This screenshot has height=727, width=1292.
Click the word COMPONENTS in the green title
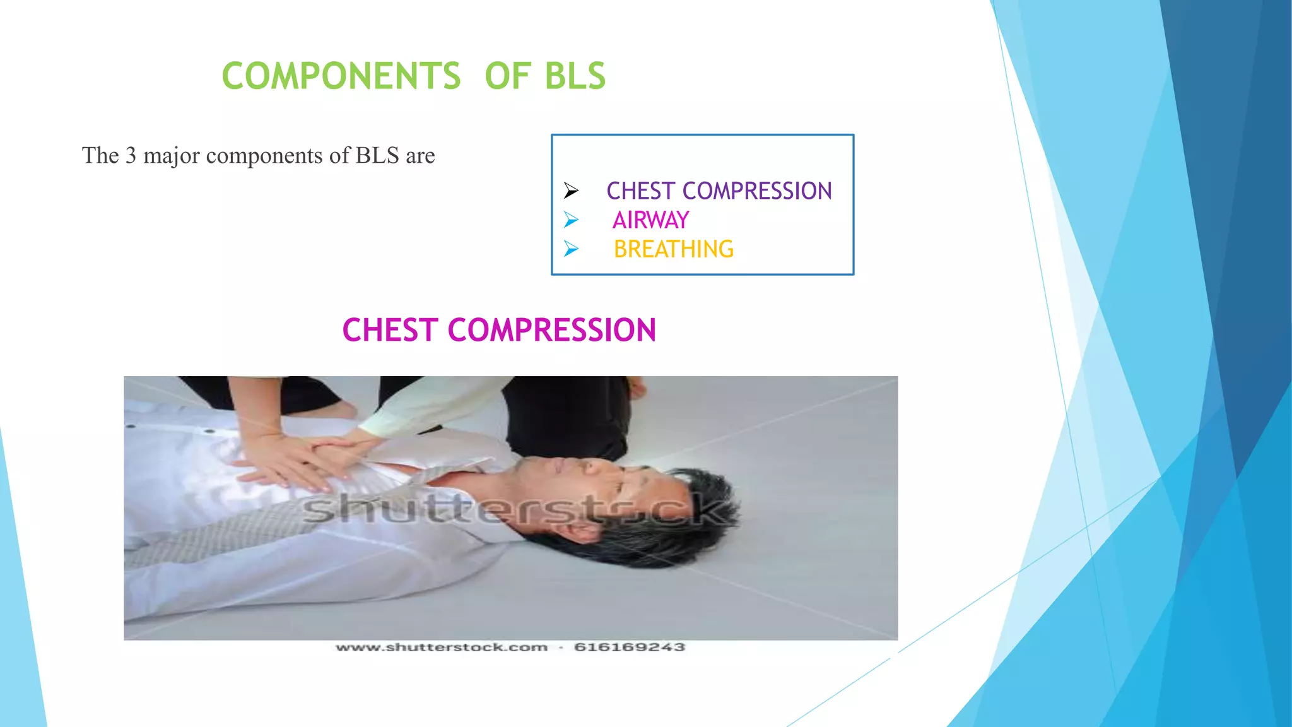pyautogui.click(x=341, y=76)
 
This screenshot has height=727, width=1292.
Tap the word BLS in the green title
pyautogui.click(x=574, y=76)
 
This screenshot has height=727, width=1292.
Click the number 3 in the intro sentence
pyautogui.click(x=131, y=155)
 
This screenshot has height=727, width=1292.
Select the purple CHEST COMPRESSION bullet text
pyautogui.click(x=719, y=191)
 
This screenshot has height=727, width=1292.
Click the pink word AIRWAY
pyautogui.click(x=650, y=220)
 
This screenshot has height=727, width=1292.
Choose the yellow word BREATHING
pyautogui.click(x=673, y=249)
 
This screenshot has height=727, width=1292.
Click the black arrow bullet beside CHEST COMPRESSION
pyautogui.click(x=571, y=190)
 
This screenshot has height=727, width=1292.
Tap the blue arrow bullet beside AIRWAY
pyautogui.click(x=571, y=220)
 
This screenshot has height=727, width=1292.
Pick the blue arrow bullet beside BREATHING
pyautogui.click(x=571, y=249)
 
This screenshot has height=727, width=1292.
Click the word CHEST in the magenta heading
pyautogui.click(x=390, y=330)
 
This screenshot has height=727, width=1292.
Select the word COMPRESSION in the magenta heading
pyautogui.click(x=552, y=330)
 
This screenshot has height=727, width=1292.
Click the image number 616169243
pyautogui.click(x=629, y=647)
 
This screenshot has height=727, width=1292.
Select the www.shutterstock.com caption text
pyautogui.click(x=442, y=647)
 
